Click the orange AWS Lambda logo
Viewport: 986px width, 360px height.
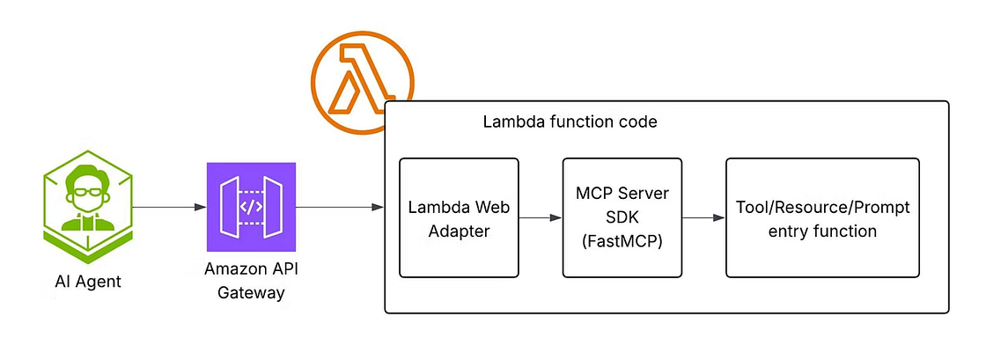[362, 82]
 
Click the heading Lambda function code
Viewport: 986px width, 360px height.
[570, 122]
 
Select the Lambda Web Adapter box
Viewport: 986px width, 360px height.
[459, 217]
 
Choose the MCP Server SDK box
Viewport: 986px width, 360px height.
[622, 217]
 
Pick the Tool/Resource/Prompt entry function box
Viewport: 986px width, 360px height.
[821, 217]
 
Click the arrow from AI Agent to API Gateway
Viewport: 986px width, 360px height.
[167, 208]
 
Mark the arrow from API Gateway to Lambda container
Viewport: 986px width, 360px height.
[339, 208]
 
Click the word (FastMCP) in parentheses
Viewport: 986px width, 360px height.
[622, 240]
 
